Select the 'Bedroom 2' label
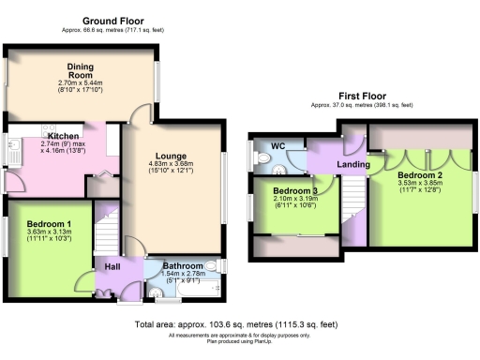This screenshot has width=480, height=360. click(419, 175)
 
